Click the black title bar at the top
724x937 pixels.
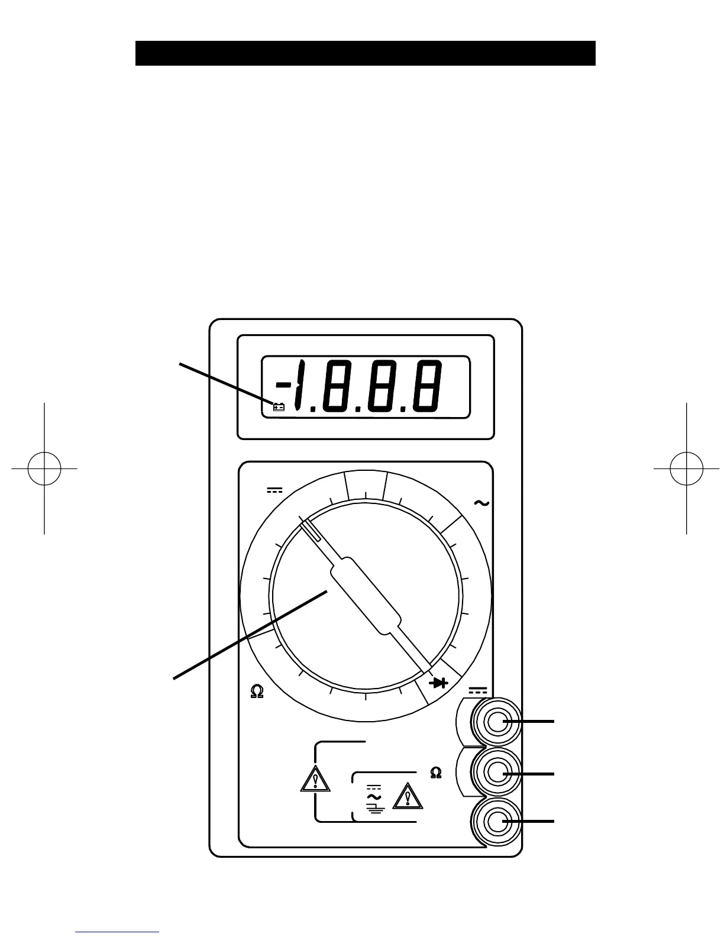pyautogui.click(x=365, y=53)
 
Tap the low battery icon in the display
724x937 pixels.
pyautogui.click(x=279, y=406)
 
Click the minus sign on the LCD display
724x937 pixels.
pyautogui.click(x=284, y=385)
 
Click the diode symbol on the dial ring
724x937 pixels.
pyautogui.click(x=439, y=683)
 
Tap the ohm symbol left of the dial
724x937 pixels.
pyautogui.click(x=257, y=692)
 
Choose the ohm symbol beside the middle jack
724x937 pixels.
pyautogui.click(x=436, y=773)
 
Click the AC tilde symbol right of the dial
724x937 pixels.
pyautogui.click(x=481, y=503)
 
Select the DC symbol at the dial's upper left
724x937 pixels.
pyautogui.click(x=275, y=490)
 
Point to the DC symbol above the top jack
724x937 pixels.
pyautogui.click(x=478, y=690)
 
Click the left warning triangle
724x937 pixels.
pyautogui.click(x=315, y=780)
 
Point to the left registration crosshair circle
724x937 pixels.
pyautogui.click(x=44, y=469)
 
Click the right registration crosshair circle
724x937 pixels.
pyautogui.click(x=686, y=469)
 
